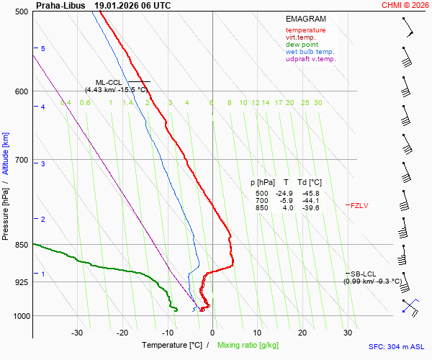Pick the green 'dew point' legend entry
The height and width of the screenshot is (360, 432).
[x=302, y=45]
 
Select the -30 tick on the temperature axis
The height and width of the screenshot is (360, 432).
[x=77, y=333]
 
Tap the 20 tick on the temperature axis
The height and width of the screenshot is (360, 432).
[x=302, y=333]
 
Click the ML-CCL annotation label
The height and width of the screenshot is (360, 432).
[x=109, y=83]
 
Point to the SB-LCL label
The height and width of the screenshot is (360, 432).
[x=364, y=274]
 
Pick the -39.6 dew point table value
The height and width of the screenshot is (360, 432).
[x=310, y=208]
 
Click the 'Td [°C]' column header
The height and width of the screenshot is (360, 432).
[x=310, y=183]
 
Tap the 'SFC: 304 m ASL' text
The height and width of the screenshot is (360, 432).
[x=395, y=346]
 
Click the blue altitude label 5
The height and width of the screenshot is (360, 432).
[x=43, y=48]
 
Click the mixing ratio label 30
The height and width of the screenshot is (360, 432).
[x=318, y=103]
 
